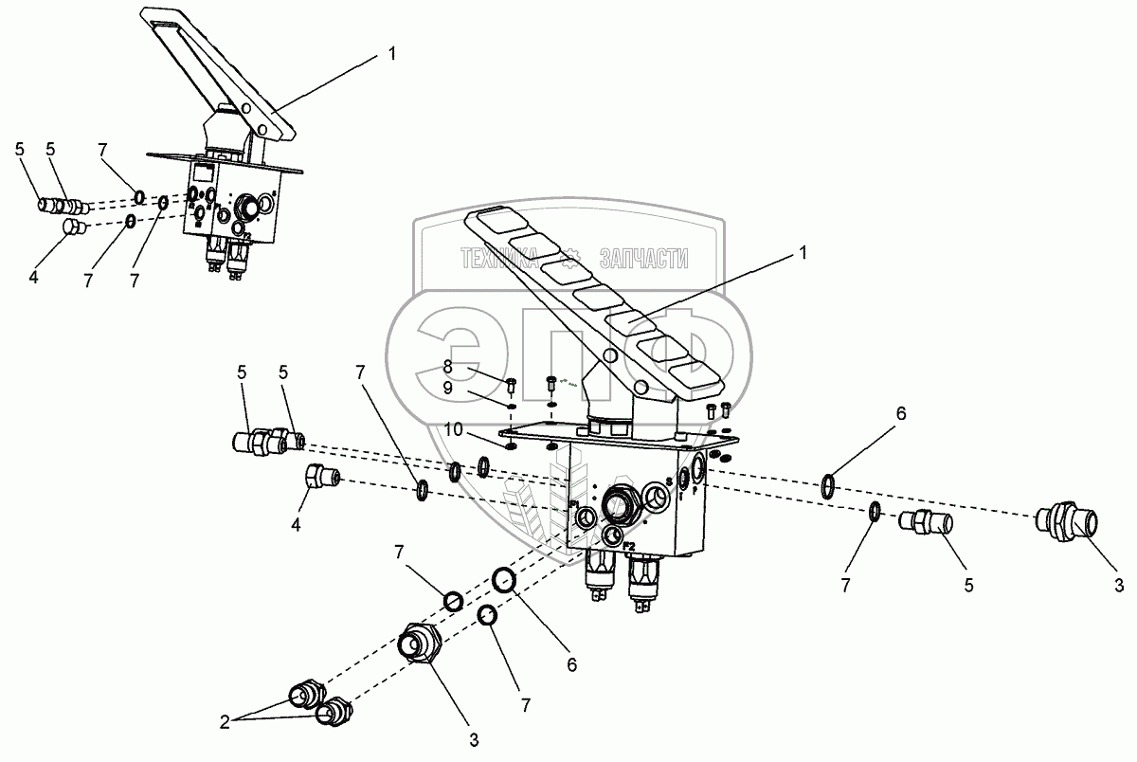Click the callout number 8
[x=448, y=367]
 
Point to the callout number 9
[x=448, y=387]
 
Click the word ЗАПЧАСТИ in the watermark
[x=644, y=258]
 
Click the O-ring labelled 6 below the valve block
[x=503, y=580]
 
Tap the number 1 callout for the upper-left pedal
[x=391, y=54]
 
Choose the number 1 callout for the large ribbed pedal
[x=803, y=253]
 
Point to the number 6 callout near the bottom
[x=571, y=666]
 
